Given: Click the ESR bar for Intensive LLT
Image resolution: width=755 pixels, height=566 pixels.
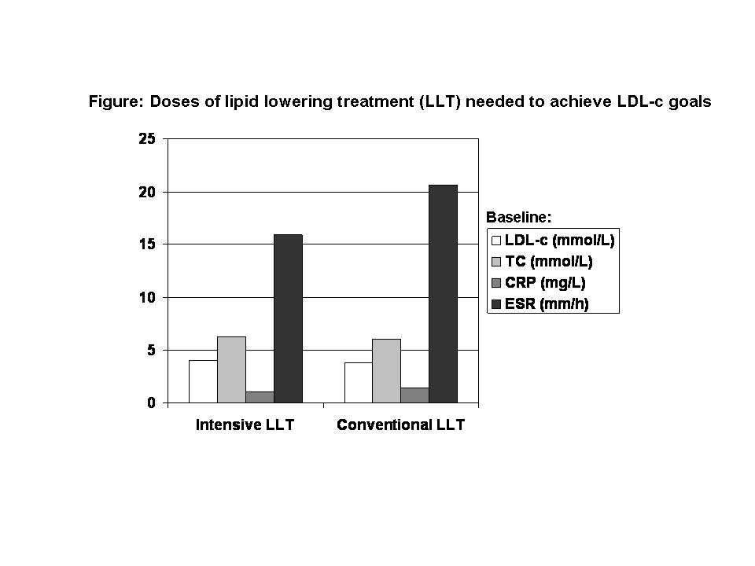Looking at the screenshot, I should coord(288,318).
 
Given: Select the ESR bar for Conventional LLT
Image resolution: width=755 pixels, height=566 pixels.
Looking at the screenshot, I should coord(443,294).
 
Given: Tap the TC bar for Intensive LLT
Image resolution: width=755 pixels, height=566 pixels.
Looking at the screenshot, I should coord(231,369).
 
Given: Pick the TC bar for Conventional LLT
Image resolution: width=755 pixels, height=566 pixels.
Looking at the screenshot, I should coord(386,370).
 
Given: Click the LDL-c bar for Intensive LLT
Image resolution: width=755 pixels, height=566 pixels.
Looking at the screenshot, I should coord(203,381).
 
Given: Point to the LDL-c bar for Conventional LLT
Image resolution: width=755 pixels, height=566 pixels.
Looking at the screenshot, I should coord(358,383).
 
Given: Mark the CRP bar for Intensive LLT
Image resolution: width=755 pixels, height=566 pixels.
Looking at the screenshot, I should coord(260,397).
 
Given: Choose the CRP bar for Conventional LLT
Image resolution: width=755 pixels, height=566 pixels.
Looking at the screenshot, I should coord(414,395).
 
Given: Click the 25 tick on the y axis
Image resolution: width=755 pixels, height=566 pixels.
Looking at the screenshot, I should coord(147,139).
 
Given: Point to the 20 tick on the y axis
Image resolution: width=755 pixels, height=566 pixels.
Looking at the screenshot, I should coord(147,192).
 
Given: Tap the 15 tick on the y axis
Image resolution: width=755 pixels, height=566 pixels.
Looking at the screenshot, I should coord(147,244).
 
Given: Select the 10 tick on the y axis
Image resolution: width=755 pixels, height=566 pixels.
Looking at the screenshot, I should coord(147,297).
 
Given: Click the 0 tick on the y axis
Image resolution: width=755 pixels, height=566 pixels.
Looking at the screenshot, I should coord(152,403).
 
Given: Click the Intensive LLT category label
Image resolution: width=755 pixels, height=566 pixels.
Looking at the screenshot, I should coord(245,425).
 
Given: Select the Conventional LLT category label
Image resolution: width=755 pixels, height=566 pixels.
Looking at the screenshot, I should coord(400,425).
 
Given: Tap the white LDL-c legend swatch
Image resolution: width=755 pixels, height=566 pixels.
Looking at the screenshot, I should coord(496,241).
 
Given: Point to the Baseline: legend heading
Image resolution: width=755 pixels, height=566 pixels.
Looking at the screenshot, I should coord(518,217).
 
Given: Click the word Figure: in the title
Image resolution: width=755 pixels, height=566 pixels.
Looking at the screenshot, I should coord(116,102).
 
